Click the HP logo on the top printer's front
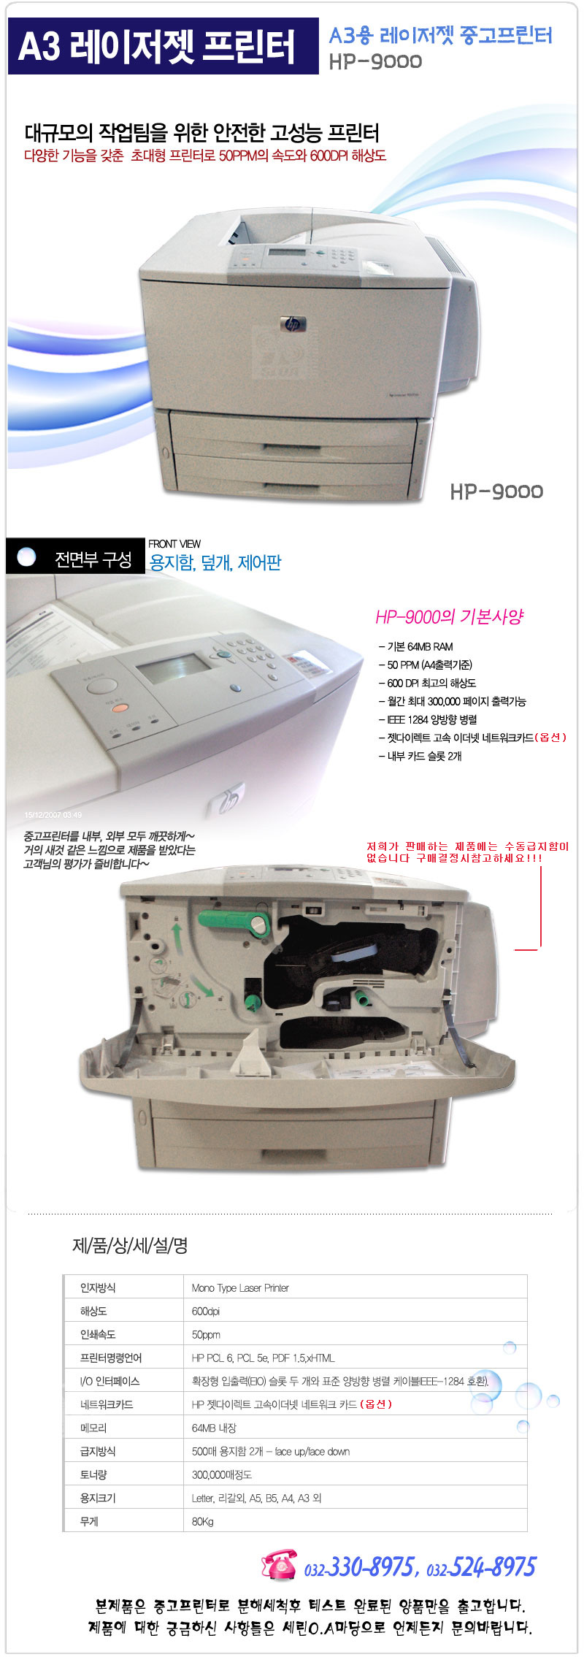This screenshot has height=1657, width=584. click(293, 324)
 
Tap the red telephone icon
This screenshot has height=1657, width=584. click(278, 1565)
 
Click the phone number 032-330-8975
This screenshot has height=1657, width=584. click(360, 1566)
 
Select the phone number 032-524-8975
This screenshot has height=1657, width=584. click(481, 1566)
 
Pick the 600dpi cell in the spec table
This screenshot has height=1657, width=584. click(205, 1311)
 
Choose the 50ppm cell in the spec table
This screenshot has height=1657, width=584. click(206, 1334)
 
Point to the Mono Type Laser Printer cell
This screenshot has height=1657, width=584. click(240, 1287)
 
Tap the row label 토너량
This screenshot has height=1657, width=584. click(93, 1474)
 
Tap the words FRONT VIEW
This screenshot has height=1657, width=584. click(174, 544)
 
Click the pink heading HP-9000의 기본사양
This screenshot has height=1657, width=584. click(449, 617)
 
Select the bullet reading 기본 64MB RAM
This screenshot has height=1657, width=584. click(419, 646)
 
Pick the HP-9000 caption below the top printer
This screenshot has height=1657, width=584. click(496, 491)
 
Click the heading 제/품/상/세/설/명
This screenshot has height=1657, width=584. click(130, 1246)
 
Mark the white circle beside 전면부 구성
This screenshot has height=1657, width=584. click(26, 557)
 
